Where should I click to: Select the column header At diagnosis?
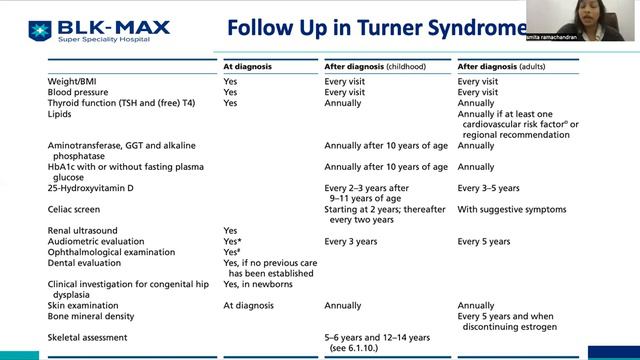click(x=248, y=67)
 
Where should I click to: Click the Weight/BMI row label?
click(x=72, y=80)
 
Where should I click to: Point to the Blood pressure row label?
click(x=79, y=91)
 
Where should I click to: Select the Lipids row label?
click(x=59, y=114)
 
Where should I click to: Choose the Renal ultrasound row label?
click(x=81, y=230)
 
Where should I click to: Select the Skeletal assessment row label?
click(x=87, y=338)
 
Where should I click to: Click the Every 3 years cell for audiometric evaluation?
click(x=351, y=241)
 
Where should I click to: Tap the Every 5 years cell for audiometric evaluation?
click(x=484, y=241)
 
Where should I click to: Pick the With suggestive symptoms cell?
click(x=511, y=209)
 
